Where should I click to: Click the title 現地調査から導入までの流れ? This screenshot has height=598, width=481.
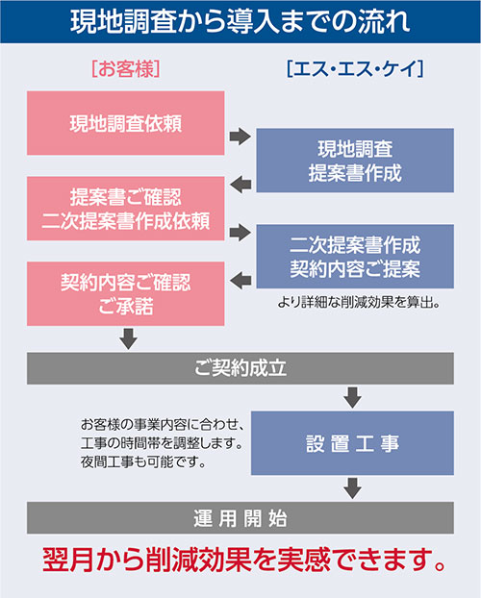point(240,21)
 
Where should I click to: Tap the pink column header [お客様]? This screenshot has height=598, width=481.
point(126,69)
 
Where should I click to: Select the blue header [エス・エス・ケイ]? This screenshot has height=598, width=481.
point(355,69)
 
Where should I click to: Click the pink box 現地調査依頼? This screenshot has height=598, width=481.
point(126,123)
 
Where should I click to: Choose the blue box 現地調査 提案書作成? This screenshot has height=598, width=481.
point(355,161)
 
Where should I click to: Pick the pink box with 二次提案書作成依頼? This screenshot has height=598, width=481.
point(126,209)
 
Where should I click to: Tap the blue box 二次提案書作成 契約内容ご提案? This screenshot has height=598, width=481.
point(355,257)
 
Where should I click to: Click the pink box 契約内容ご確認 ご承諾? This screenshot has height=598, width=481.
point(126,293)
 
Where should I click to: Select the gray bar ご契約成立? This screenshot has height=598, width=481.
point(240,368)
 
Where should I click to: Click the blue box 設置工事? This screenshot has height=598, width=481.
point(352,443)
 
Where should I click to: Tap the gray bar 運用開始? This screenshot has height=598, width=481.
point(240,517)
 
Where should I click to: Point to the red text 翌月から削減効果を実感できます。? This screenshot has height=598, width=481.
point(244,560)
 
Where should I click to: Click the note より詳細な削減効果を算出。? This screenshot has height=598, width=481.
point(359,303)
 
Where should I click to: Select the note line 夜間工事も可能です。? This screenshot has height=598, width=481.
point(143,462)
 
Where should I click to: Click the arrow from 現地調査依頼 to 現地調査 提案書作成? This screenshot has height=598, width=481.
point(240,137)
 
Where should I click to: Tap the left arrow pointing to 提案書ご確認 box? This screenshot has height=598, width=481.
point(240,185)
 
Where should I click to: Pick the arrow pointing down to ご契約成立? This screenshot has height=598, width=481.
point(129,339)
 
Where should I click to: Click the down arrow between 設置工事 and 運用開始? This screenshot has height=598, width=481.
point(352,488)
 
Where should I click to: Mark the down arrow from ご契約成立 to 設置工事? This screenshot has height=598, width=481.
point(352,397)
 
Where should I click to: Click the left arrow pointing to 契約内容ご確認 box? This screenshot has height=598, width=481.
point(240,281)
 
